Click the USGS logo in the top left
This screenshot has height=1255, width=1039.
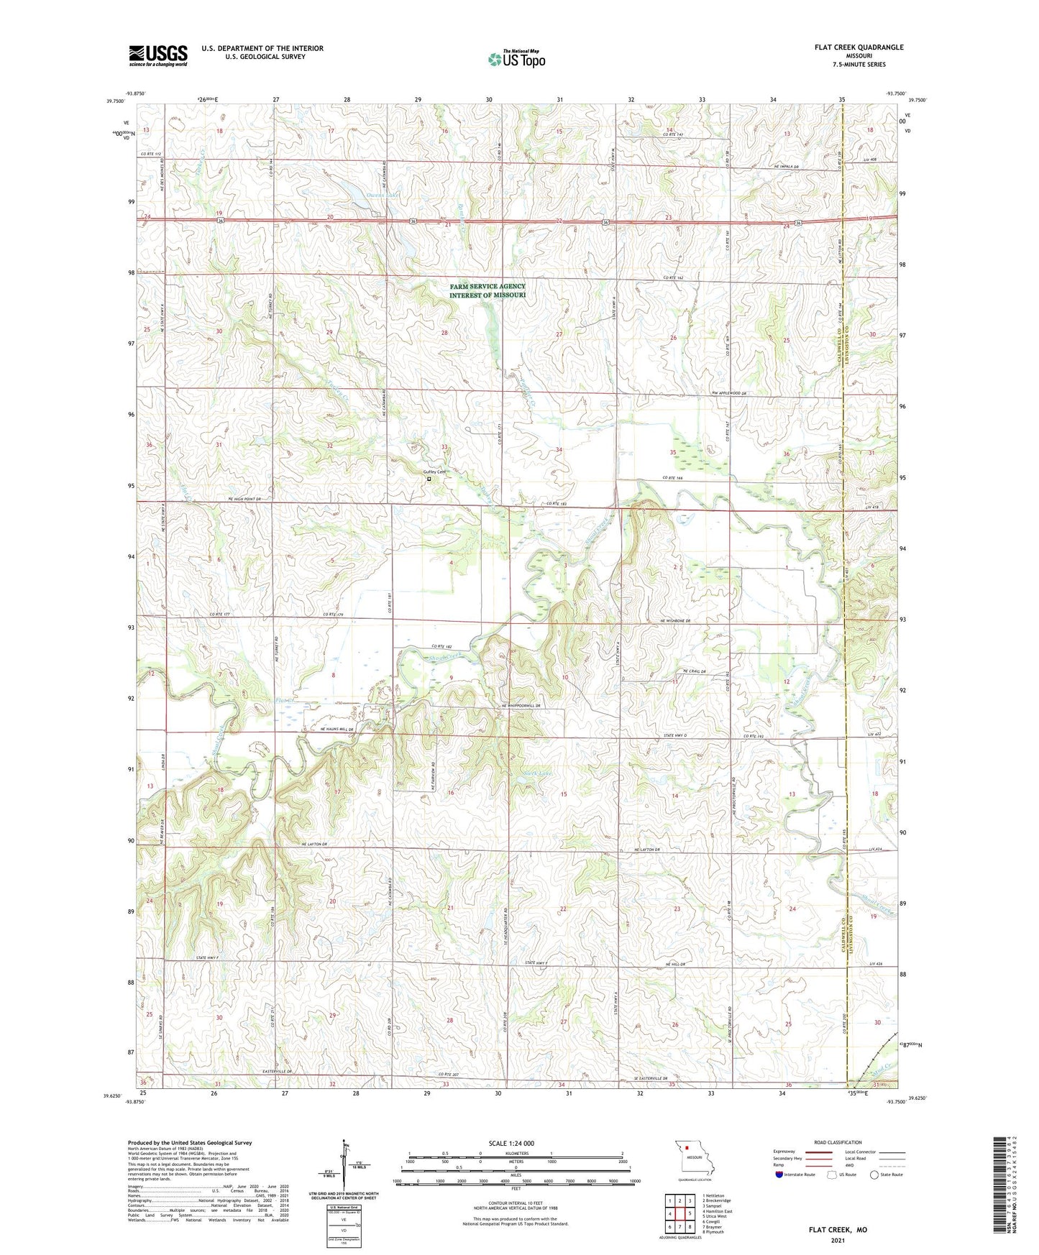(158, 55)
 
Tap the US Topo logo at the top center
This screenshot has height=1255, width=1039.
(516, 59)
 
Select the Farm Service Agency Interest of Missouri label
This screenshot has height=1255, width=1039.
(488, 291)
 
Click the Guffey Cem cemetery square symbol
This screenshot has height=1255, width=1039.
(429, 479)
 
